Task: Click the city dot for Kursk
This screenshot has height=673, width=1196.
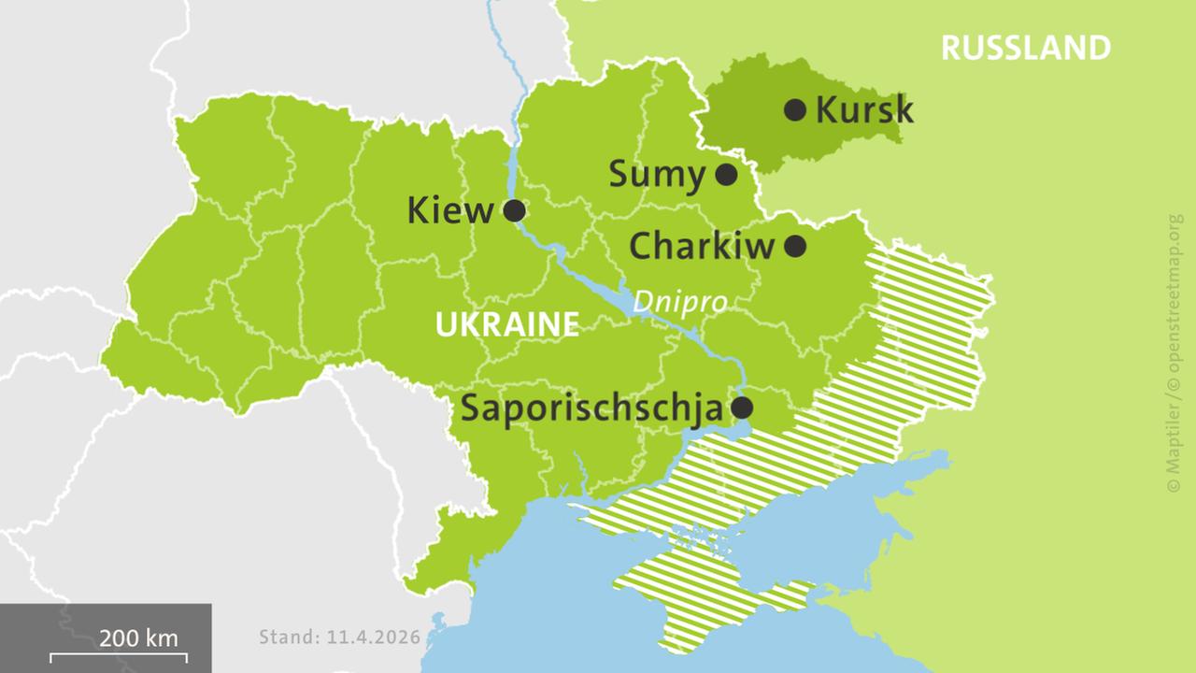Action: [795, 110]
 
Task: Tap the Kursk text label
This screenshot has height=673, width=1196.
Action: [864, 110]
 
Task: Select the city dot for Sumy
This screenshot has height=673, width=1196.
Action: [726, 174]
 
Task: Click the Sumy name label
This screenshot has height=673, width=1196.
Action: [657, 175]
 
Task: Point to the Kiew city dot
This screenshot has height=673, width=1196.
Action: [514, 210]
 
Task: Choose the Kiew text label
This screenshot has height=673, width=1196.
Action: [449, 211]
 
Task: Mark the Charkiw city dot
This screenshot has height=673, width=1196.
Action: [795, 246]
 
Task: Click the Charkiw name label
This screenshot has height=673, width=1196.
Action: [702, 247]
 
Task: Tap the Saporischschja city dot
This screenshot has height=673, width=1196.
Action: [742, 408]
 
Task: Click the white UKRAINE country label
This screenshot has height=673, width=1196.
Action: [506, 325]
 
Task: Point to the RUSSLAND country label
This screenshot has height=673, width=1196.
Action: [1025, 48]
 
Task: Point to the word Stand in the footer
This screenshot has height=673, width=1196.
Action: [289, 638]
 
